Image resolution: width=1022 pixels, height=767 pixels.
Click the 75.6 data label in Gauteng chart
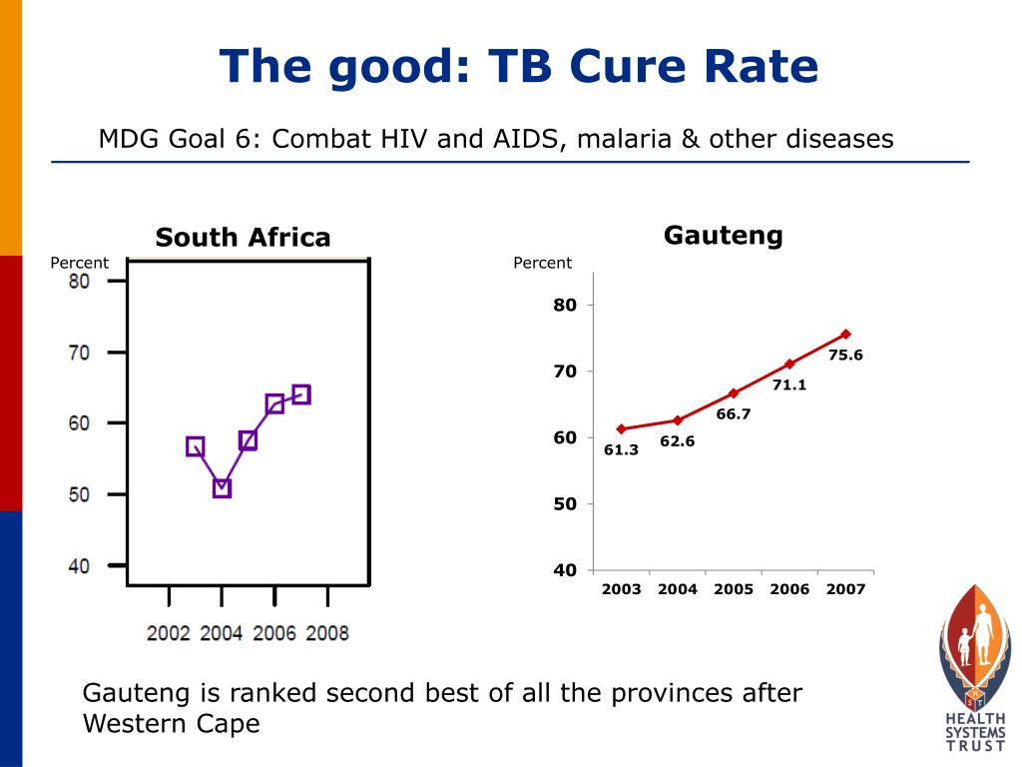click(845, 355)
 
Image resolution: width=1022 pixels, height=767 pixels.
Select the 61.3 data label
click(621, 450)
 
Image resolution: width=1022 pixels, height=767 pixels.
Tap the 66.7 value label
click(733, 414)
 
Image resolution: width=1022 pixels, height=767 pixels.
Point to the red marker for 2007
click(845, 334)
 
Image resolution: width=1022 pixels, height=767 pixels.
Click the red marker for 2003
click(621, 428)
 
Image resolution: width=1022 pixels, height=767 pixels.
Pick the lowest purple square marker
click(222, 488)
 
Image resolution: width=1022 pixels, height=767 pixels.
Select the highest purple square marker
click(301, 394)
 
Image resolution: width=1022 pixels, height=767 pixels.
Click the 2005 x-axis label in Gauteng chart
click(733, 589)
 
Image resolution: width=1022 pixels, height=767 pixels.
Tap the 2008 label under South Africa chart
click(326, 633)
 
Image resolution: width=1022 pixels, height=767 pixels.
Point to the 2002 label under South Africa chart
click(168, 633)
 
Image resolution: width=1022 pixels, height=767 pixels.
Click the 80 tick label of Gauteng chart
click(565, 306)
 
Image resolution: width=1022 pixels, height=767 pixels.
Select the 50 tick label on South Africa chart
click(79, 495)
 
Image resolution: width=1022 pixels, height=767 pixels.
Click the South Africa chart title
click(243, 238)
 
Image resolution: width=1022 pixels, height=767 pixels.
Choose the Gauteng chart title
click(723, 236)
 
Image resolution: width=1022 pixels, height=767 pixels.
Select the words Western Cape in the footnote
click(171, 723)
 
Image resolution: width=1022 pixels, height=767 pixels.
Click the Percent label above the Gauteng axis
click(542, 263)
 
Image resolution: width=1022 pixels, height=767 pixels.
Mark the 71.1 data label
click(789, 384)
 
